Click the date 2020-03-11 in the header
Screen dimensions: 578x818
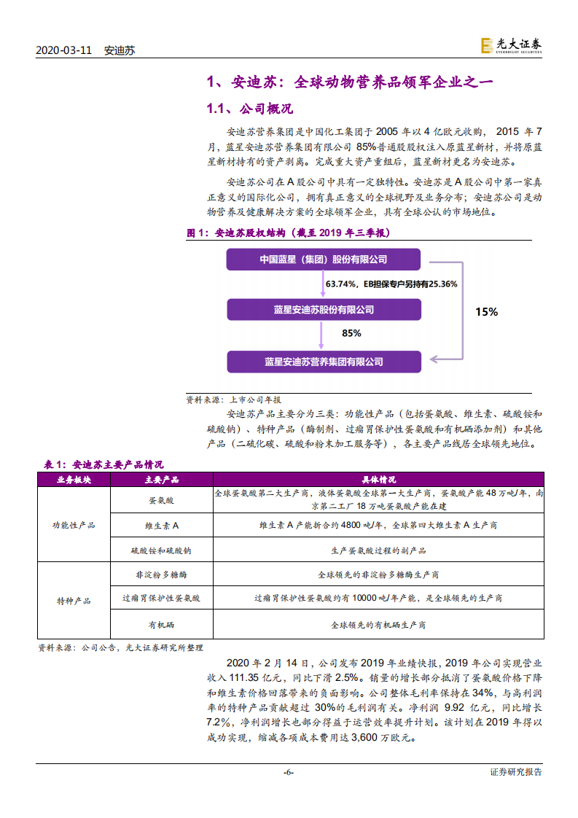[x=64, y=50]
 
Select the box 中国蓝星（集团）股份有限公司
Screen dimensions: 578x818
[x=323, y=260]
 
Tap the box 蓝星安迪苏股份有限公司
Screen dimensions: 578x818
[x=323, y=310]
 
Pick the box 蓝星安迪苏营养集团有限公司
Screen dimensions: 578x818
[x=323, y=362]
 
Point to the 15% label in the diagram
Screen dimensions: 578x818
[x=486, y=311]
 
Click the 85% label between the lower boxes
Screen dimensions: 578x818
[x=351, y=333]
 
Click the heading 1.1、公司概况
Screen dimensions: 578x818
[x=249, y=109]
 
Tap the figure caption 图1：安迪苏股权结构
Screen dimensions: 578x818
[x=289, y=233]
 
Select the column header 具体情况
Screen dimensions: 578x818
[x=378, y=480]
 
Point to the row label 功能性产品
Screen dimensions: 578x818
[x=73, y=524]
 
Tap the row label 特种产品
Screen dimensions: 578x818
[x=73, y=600]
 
